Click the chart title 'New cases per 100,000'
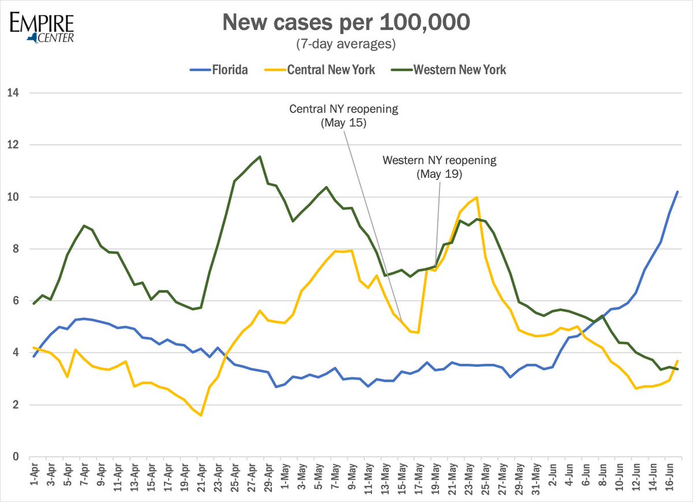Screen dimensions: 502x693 click(x=346, y=23)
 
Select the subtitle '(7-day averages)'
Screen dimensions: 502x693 click(x=346, y=44)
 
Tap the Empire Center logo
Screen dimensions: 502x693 click(x=42, y=26)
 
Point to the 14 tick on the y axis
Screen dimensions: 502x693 click(x=12, y=93)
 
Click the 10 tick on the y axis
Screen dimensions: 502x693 click(x=12, y=197)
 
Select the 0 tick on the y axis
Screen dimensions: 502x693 click(x=14, y=457)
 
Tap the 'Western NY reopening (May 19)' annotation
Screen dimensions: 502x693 click(x=439, y=166)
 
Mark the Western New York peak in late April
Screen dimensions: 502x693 click(x=259, y=156)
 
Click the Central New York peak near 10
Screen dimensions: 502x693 click(x=476, y=198)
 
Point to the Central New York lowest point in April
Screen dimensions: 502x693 click(x=200, y=415)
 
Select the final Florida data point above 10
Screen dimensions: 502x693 click(x=677, y=192)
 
